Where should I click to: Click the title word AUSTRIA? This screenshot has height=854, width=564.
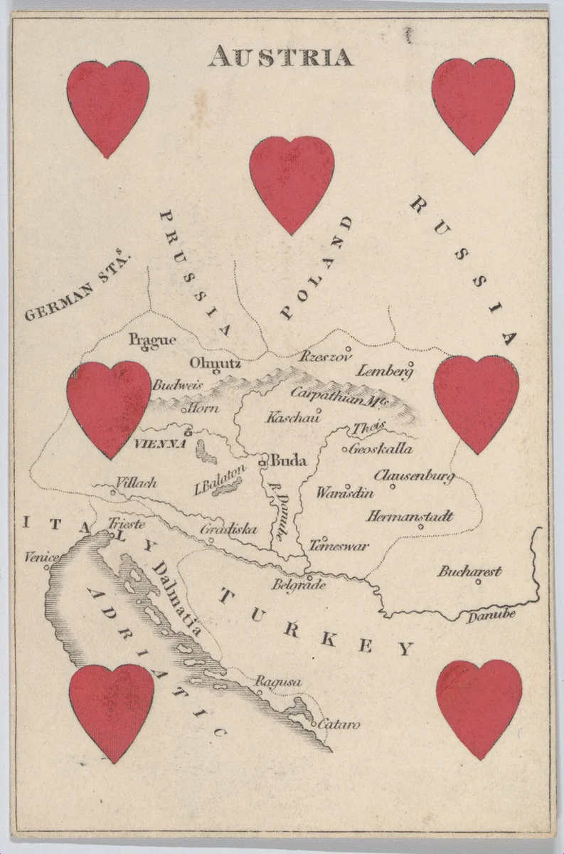[280, 56]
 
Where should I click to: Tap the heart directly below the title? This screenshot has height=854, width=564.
[292, 182]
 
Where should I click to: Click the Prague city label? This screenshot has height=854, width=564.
[152, 340]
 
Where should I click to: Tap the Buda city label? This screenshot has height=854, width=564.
[288, 460]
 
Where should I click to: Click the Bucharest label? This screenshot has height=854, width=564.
[469, 571]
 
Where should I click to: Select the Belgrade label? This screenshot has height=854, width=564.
[299, 585]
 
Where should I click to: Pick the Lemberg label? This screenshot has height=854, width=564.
[384, 371]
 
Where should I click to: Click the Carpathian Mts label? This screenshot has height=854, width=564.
[338, 396]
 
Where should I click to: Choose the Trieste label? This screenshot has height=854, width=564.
[126, 524]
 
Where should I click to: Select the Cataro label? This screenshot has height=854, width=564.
[339, 724]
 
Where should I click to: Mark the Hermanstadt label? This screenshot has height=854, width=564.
[410, 516]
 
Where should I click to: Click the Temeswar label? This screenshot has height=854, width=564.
[339, 547]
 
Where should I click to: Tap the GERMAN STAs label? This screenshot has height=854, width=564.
[79, 293]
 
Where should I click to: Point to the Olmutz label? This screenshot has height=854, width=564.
[215, 364]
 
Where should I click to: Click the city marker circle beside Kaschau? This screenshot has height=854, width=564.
[319, 410]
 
